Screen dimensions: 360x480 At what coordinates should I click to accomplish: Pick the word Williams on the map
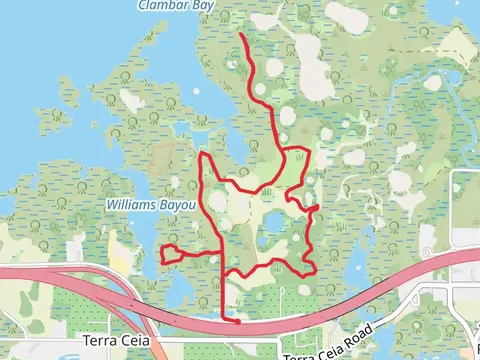click(126, 205)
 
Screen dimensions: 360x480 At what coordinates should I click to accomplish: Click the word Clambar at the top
click(161, 5)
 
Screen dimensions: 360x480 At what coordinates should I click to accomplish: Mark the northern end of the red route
click(243, 35)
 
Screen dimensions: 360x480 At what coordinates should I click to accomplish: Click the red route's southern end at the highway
click(237, 322)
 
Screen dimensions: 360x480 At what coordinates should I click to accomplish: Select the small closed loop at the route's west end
click(170, 253)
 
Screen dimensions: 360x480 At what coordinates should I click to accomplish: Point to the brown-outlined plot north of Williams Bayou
click(161, 157)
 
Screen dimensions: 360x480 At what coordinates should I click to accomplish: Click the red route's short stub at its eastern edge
click(314, 207)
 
